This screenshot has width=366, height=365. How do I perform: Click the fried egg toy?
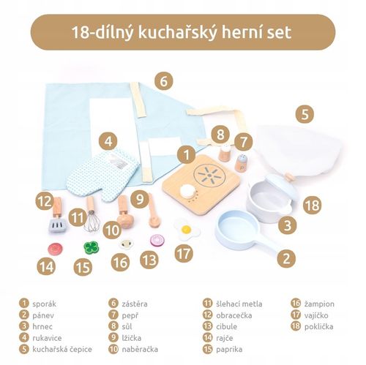187,229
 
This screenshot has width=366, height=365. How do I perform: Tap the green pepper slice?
91,247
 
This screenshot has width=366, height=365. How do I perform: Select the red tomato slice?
54,248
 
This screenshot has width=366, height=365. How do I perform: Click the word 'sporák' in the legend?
45,302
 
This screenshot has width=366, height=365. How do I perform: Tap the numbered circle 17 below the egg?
184,254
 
